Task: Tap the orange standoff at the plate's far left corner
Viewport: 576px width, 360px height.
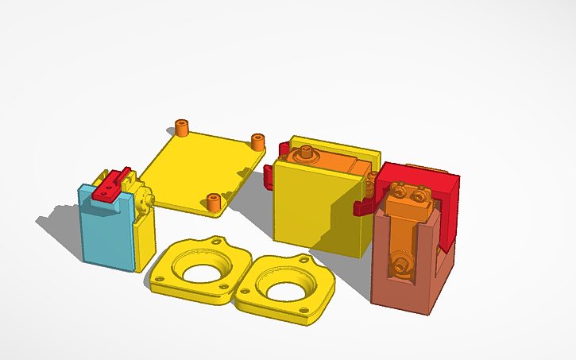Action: click(x=183, y=127)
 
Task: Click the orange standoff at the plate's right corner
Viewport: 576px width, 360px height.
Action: click(x=257, y=141)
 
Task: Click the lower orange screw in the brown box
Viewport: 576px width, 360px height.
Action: click(x=400, y=262)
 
